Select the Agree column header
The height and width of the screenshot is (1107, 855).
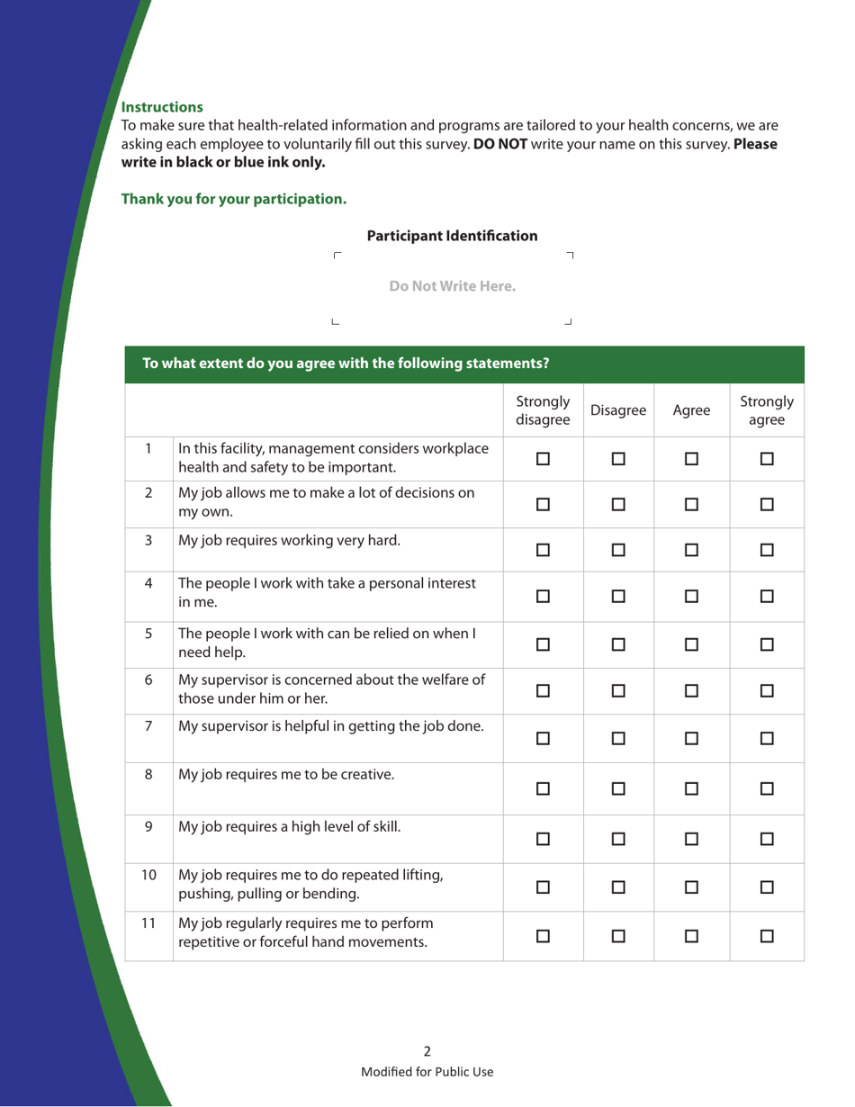point(688,409)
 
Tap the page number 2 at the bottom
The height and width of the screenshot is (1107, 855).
point(427,1050)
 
